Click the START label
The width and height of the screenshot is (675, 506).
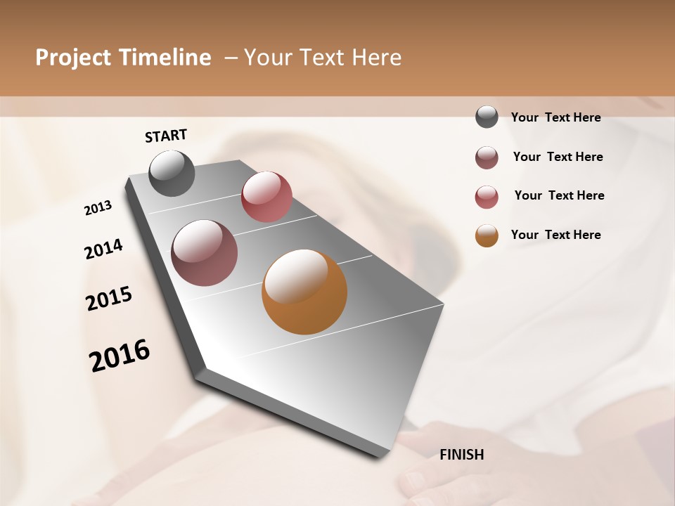(166, 136)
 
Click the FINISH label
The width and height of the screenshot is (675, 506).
(461, 455)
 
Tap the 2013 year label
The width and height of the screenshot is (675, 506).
(98, 208)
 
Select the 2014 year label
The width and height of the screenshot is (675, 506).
(103, 249)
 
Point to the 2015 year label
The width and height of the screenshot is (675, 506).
(109, 299)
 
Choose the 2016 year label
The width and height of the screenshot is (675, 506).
(120, 356)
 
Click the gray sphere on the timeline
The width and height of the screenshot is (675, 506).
(172, 173)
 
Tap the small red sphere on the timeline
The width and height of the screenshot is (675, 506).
(266, 196)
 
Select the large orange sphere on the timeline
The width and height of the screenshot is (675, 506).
(304, 292)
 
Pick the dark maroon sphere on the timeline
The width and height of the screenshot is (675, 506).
(205, 253)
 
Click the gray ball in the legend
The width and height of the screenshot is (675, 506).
(487, 117)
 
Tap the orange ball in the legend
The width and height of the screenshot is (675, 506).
(487, 235)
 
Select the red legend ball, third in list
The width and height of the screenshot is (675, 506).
(487, 197)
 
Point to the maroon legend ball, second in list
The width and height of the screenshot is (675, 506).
(487, 157)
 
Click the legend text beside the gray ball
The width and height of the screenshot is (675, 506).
(555, 117)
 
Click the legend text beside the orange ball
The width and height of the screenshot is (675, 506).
(555, 235)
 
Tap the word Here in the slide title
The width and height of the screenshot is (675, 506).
(376, 58)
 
